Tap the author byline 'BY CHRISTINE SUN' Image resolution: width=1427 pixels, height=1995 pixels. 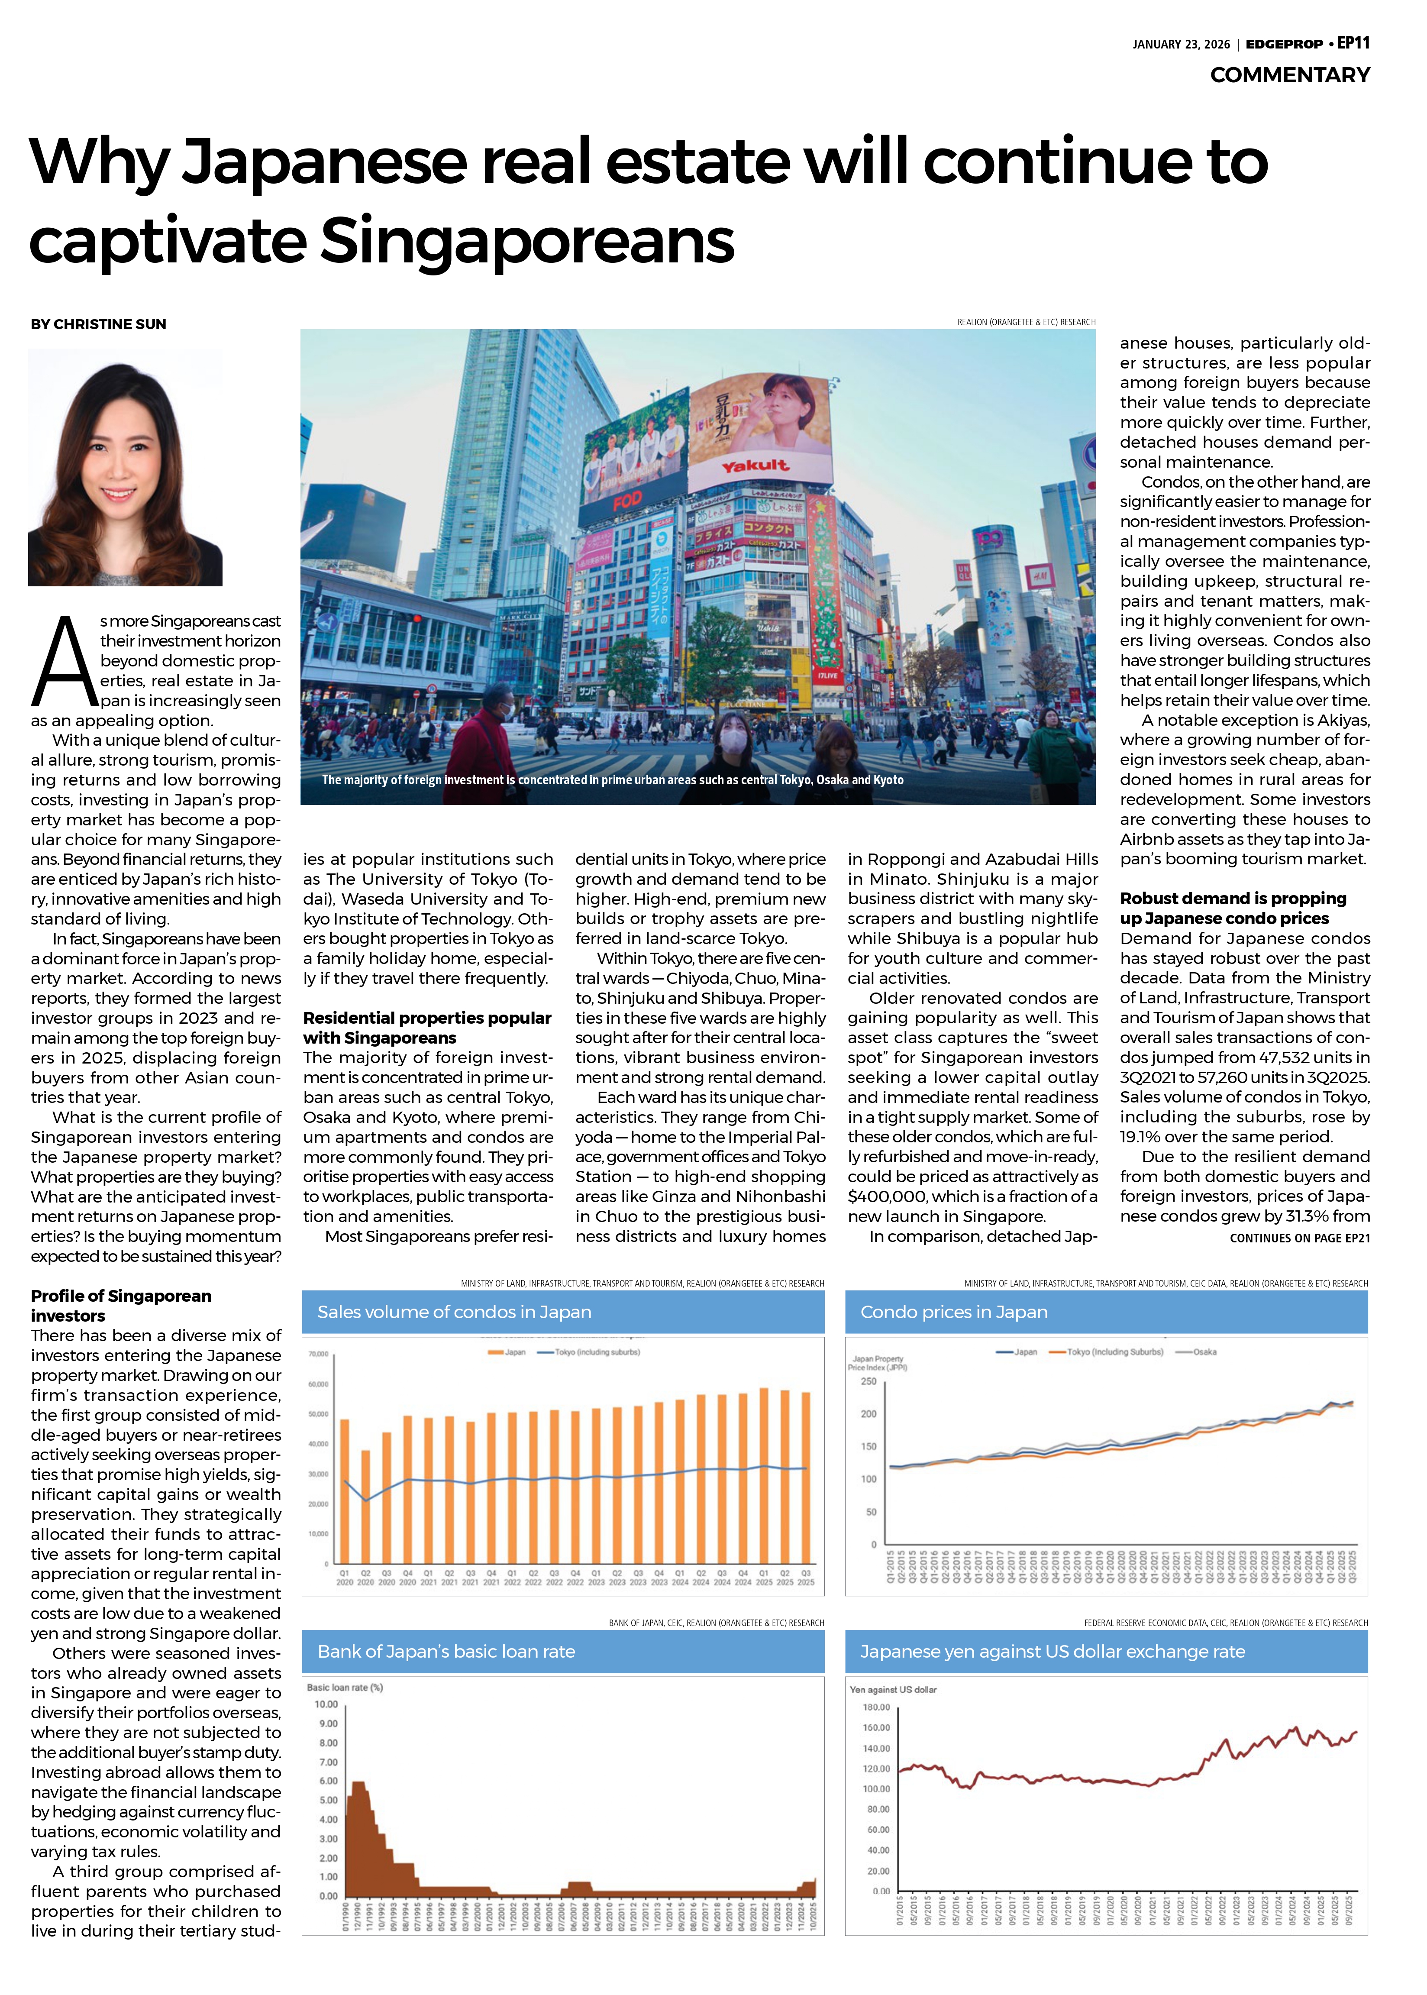(98, 324)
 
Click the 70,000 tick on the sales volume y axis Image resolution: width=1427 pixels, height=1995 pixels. (318, 1354)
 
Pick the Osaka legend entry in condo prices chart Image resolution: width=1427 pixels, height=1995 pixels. (1204, 1352)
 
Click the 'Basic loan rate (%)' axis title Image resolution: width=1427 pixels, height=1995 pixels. (345, 1688)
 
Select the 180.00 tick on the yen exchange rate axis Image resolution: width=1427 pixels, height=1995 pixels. (876, 1707)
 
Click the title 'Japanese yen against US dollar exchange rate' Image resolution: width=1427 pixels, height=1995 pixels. (1052, 1651)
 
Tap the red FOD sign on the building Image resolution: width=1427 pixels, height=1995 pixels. (627, 501)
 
